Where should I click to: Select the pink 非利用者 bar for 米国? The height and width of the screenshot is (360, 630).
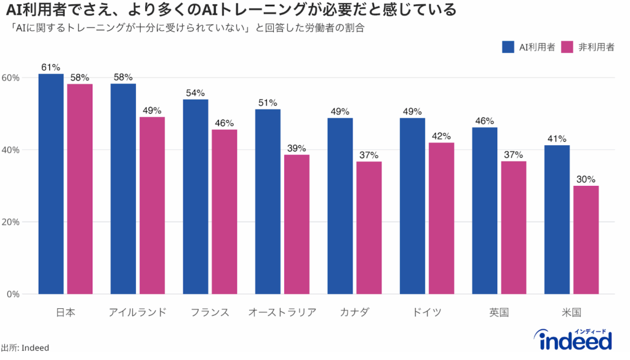(x=586, y=239)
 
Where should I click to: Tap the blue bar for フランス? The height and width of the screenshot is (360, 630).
(x=196, y=196)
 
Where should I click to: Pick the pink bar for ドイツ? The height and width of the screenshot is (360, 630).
(x=441, y=218)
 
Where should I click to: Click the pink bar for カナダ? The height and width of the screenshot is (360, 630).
(x=369, y=227)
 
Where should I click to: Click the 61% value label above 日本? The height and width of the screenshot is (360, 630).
(x=50, y=67)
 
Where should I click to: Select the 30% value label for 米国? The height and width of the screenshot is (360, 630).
(x=586, y=179)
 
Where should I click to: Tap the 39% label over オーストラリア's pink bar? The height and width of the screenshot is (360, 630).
(x=297, y=148)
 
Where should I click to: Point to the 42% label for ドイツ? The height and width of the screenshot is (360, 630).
(x=441, y=136)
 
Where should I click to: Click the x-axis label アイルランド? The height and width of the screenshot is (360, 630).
(x=137, y=312)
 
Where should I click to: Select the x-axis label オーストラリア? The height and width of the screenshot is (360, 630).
(x=282, y=312)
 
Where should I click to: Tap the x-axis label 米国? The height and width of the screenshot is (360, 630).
(x=571, y=312)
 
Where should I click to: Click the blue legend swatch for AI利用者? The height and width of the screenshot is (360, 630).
(x=508, y=47)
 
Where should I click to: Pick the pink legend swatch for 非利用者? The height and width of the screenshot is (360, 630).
(x=567, y=47)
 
